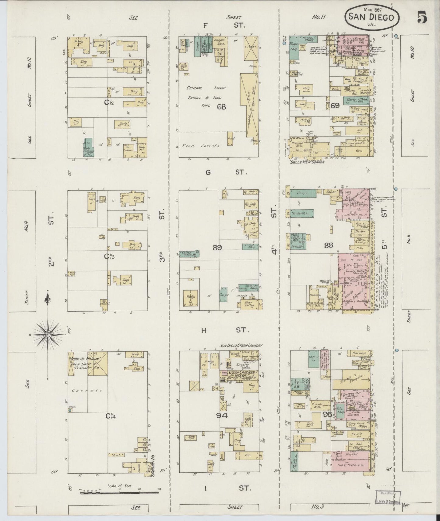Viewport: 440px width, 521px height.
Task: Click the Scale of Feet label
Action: pos(119,485)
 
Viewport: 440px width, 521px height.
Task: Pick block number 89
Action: pos(217,248)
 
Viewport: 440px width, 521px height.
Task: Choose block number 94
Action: pos(222,416)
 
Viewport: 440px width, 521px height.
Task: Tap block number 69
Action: pos(335,105)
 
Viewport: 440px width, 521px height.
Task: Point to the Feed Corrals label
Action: pos(201,146)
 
